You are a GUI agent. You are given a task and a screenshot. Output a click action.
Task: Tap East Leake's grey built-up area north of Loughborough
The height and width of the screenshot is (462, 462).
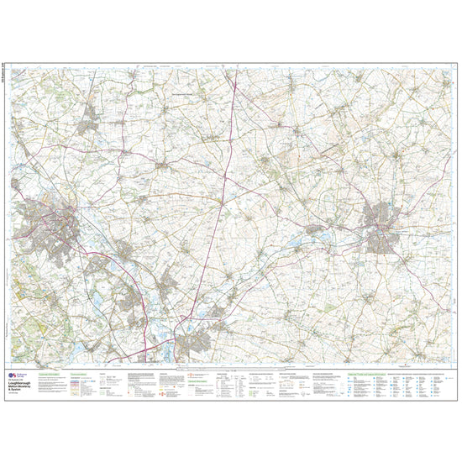(x=90, y=125)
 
